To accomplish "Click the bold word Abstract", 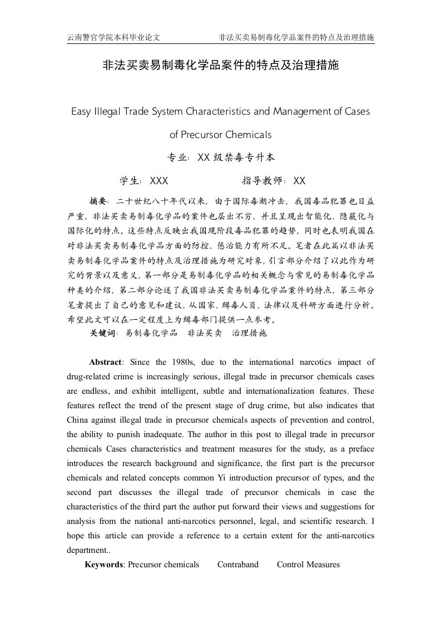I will tap(105, 362).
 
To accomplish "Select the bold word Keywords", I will tap(103, 564).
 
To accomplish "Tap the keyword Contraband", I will tap(238, 564).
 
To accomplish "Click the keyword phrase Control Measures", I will tap(308, 564).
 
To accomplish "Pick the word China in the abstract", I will tap(78, 420).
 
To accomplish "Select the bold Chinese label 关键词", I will tap(103, 333).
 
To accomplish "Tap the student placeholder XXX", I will tap(159, 181).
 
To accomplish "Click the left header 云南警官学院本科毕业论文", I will tap(113, 37).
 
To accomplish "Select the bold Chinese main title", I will tap(220, 66).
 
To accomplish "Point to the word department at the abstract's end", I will tap(87, 550).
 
